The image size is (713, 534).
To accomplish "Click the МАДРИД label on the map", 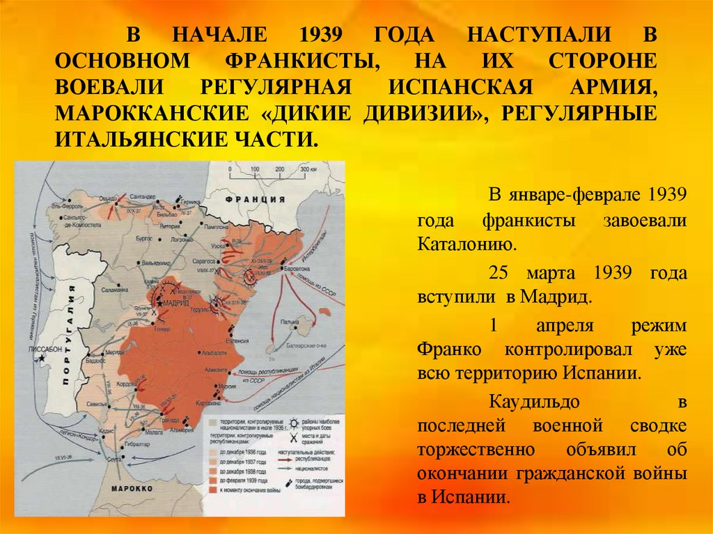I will coord(175,304).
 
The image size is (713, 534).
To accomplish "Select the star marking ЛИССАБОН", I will coord(42,357).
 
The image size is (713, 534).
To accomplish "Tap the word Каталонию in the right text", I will coord(468,245).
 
